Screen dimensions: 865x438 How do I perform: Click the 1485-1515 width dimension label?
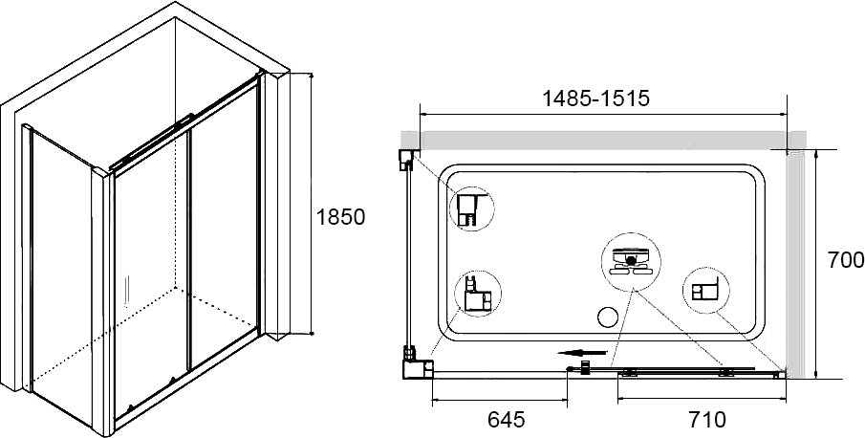596,99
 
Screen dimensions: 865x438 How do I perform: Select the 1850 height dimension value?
340,217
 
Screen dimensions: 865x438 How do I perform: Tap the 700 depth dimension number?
846,259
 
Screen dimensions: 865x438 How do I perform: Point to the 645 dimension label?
506,420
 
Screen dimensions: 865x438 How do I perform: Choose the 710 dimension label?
708,420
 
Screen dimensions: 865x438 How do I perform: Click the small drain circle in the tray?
607,317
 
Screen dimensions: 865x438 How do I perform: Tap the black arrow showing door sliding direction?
582,353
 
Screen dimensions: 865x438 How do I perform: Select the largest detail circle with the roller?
631,262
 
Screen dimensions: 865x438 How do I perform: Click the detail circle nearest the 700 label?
706,290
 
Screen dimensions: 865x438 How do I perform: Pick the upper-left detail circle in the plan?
471,208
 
